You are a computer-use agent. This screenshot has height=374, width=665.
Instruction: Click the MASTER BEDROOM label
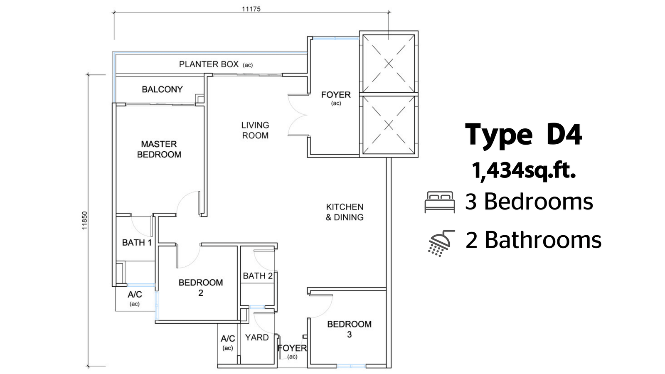click(159, 149)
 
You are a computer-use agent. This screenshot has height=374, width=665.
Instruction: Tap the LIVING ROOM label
click(255, 130)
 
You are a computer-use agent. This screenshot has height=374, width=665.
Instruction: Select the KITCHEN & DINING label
click(345, 212)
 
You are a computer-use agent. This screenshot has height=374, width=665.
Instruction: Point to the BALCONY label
click(162, 89)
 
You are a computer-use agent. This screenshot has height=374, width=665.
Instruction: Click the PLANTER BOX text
click(209, 64)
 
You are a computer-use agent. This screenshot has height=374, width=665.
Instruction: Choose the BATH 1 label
click(137, 243)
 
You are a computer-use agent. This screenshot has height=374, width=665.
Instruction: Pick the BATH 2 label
click(258, 276)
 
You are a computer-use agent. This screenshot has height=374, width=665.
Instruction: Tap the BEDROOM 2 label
click(201, 288)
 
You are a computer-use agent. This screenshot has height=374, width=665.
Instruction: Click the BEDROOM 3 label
click(350, 329)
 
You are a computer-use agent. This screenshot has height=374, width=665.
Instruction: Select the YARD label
click(257, 337)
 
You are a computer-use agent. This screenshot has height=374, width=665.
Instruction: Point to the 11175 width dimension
click(251, 9)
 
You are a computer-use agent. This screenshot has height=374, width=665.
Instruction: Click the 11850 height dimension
click(85, 220)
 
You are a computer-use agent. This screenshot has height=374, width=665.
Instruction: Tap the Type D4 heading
click(524, 135)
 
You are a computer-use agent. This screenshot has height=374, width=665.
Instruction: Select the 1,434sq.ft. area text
click(524, 171)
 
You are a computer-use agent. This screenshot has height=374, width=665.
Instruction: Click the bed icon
click(440, 202)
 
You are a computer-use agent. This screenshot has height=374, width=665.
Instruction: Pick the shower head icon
click(441, 243)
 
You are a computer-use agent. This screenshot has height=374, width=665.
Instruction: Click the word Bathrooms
click(543, 240)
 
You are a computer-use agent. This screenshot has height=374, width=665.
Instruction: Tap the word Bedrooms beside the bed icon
click(539, 201)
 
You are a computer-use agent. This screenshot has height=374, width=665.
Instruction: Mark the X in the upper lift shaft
click(389, 64)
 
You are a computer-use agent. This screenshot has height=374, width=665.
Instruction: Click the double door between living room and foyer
click(298, 115)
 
